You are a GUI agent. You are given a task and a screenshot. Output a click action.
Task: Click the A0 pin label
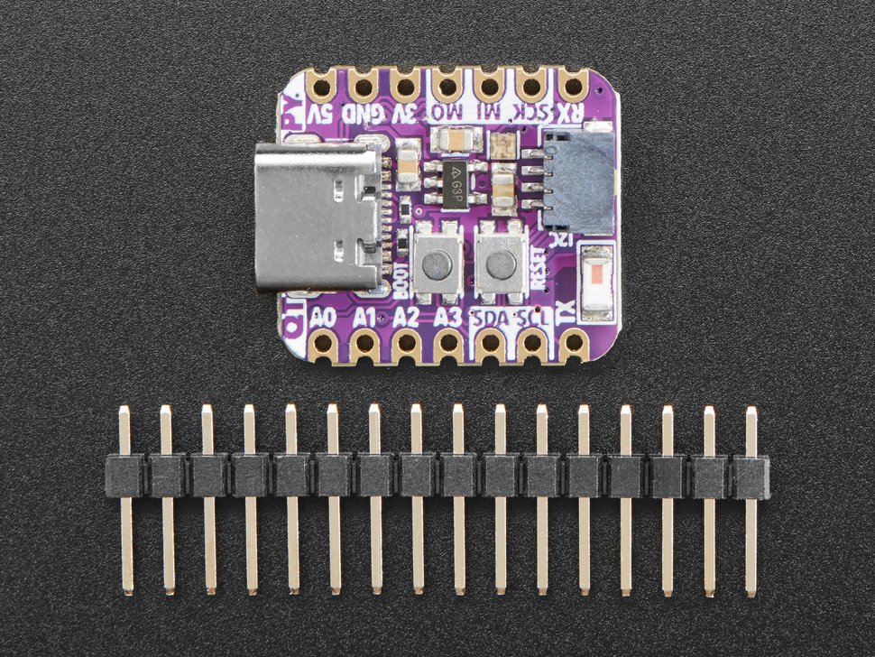[x=323, y=318]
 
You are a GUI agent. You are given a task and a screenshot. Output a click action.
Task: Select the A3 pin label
[x=447, y=318]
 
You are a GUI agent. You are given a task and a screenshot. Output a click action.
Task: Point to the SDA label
[x=489, y=318]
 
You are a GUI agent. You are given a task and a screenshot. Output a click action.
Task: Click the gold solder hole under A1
[x=365, y=343]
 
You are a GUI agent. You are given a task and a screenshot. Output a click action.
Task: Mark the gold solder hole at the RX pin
[x=572, y=87]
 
